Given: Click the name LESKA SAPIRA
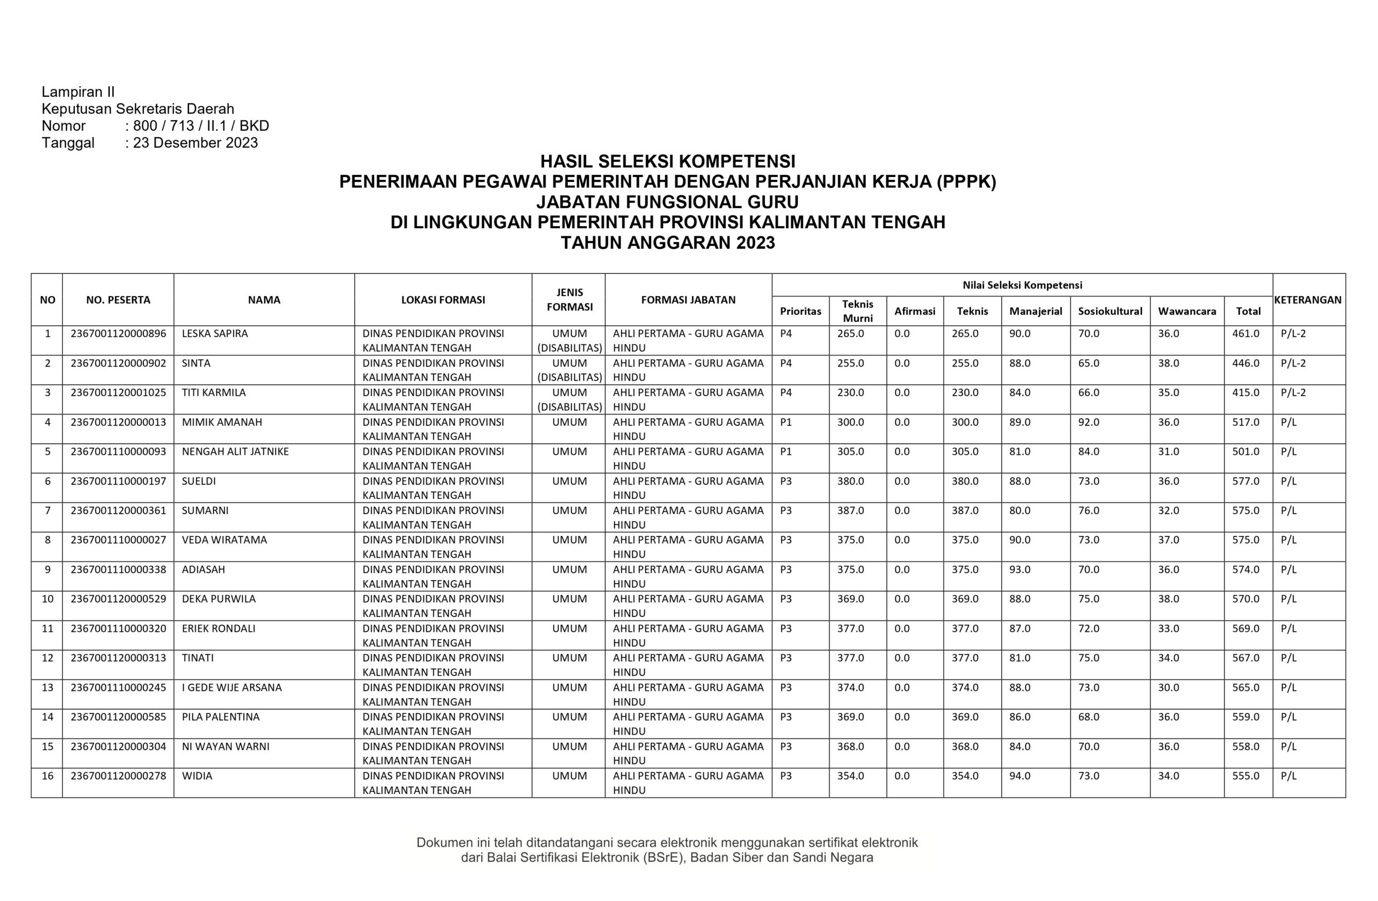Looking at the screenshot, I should coord(214,334).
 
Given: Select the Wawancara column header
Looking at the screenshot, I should coord(1186,311).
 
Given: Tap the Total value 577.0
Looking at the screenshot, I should coord(1246,481).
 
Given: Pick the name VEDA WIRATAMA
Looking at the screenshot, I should coord(224,540).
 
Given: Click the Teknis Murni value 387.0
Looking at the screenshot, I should coord(850,511).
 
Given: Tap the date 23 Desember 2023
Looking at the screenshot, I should coord(195,143).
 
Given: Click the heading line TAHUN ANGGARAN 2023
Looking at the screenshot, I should coord(667,243).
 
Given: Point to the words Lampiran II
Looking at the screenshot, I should coord(78,91).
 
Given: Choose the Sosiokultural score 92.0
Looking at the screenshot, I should coord(1088,422).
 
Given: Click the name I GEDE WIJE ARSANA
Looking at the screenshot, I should coord(231,687).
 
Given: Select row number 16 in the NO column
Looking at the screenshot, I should coord(47,776).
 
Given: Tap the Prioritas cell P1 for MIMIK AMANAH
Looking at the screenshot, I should coord(786,422).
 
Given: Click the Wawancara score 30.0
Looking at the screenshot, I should coord(1169,687).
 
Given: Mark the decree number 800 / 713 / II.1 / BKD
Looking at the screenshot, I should coord(200,125).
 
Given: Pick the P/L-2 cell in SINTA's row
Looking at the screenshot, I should coord(1293,363).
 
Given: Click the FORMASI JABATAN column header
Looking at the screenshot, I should coord(688,300).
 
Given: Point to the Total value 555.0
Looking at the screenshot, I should coord(1246,776).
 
